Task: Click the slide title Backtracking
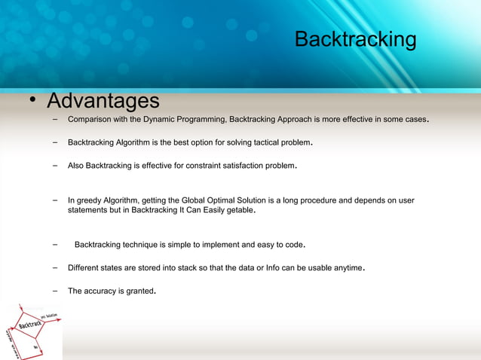[355, 39]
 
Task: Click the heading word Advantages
[103, 101]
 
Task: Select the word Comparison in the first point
[90, 120]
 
